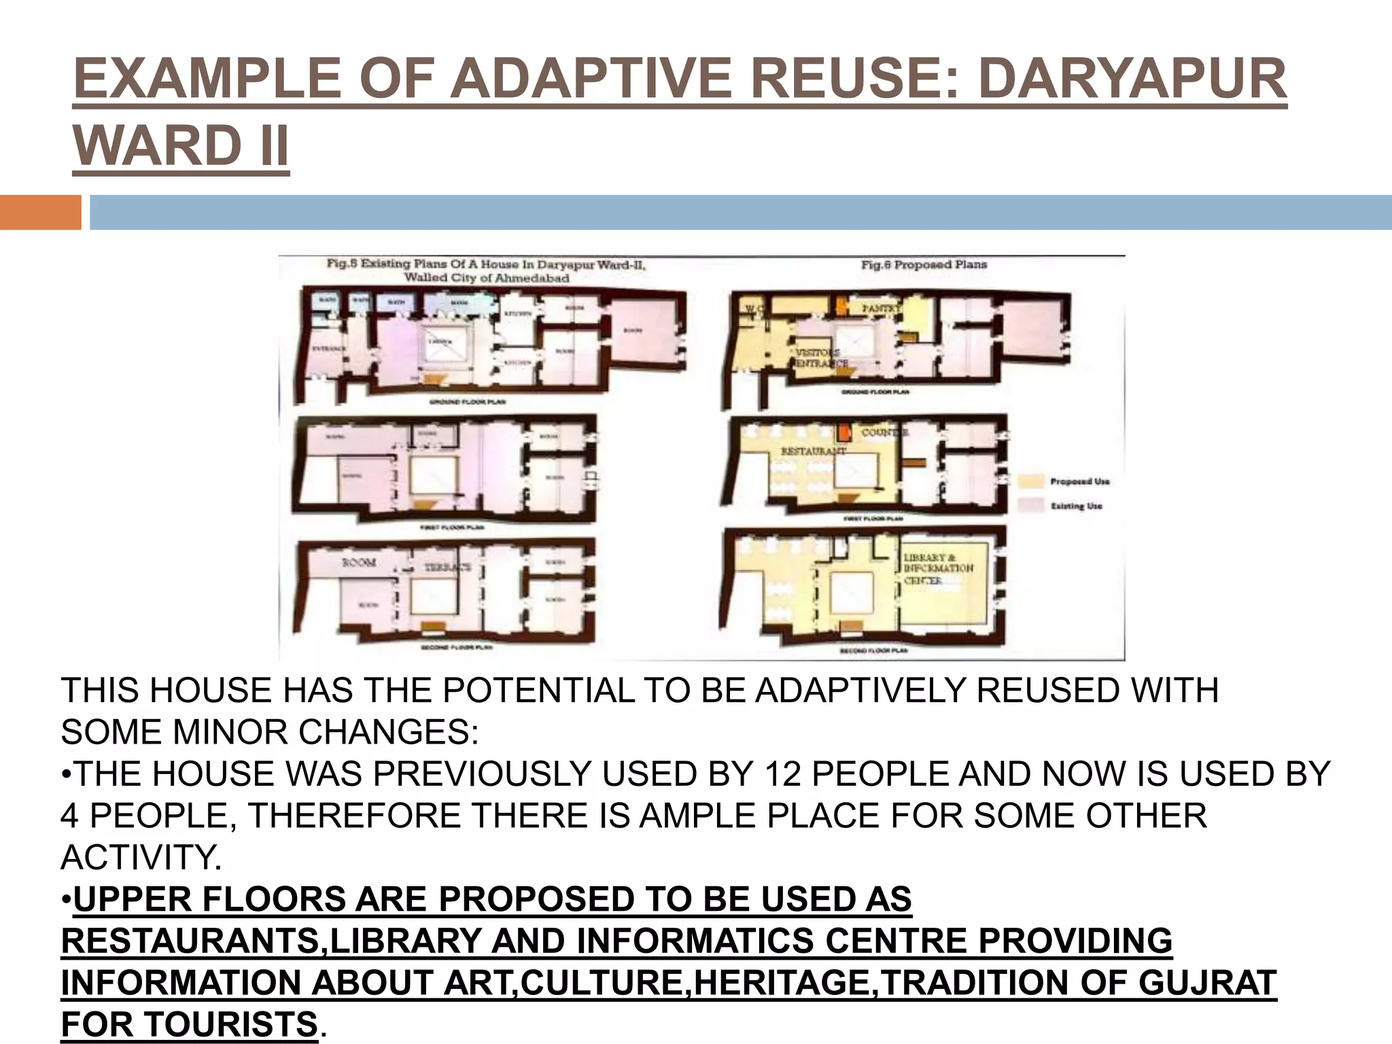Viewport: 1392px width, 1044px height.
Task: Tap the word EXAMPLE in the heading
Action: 207,79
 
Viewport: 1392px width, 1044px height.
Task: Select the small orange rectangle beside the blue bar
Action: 40,212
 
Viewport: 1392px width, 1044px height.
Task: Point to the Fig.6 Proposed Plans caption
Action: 924,264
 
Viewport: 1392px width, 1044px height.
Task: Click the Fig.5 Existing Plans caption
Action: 486,271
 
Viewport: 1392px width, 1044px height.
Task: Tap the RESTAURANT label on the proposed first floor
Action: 813,451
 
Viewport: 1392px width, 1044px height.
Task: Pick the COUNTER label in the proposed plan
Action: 884,432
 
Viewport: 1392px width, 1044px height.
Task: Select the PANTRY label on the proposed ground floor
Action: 881,309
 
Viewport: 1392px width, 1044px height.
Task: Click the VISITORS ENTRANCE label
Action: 821,358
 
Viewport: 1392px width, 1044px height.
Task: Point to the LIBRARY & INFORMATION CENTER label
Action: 938,569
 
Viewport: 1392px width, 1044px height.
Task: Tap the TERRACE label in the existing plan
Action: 447,567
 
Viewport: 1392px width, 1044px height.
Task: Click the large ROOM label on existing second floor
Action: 358,562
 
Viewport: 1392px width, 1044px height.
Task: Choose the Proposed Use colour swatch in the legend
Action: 1030,481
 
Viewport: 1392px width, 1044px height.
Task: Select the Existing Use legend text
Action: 1076,506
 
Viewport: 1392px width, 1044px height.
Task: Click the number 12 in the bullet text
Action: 783,774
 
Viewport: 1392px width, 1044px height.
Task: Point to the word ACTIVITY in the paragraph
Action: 141,857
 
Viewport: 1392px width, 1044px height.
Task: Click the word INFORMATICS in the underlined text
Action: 693,941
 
